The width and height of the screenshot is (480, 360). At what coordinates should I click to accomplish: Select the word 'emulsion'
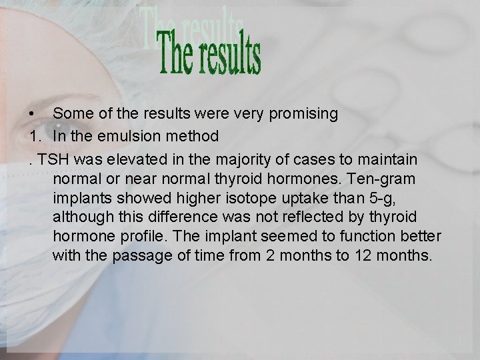click(x=127, y=137)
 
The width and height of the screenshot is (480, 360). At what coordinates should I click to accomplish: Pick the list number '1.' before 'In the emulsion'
click(x=35, y=137)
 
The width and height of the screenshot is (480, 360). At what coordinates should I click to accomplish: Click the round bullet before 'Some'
click(x=31, y=113)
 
